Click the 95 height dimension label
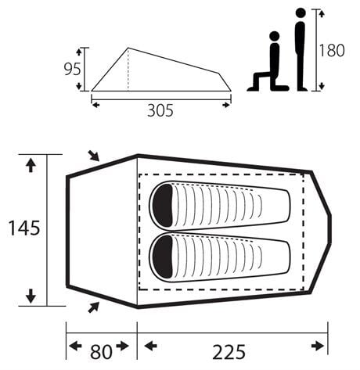coord(72,69)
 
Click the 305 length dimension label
coord(160,110)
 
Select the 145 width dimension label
coord(24,228)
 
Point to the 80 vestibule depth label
coord(101,350)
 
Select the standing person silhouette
coord(300,52)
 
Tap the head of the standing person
coord(300,16)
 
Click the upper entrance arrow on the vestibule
coord(94,156)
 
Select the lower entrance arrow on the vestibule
coord(94,305)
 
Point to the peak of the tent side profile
coord(128,48)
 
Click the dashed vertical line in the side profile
coord(128,70)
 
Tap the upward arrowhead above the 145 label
coord(31,164)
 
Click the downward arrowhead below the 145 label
coord(31,296)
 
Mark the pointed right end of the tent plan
coord(329,228)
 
